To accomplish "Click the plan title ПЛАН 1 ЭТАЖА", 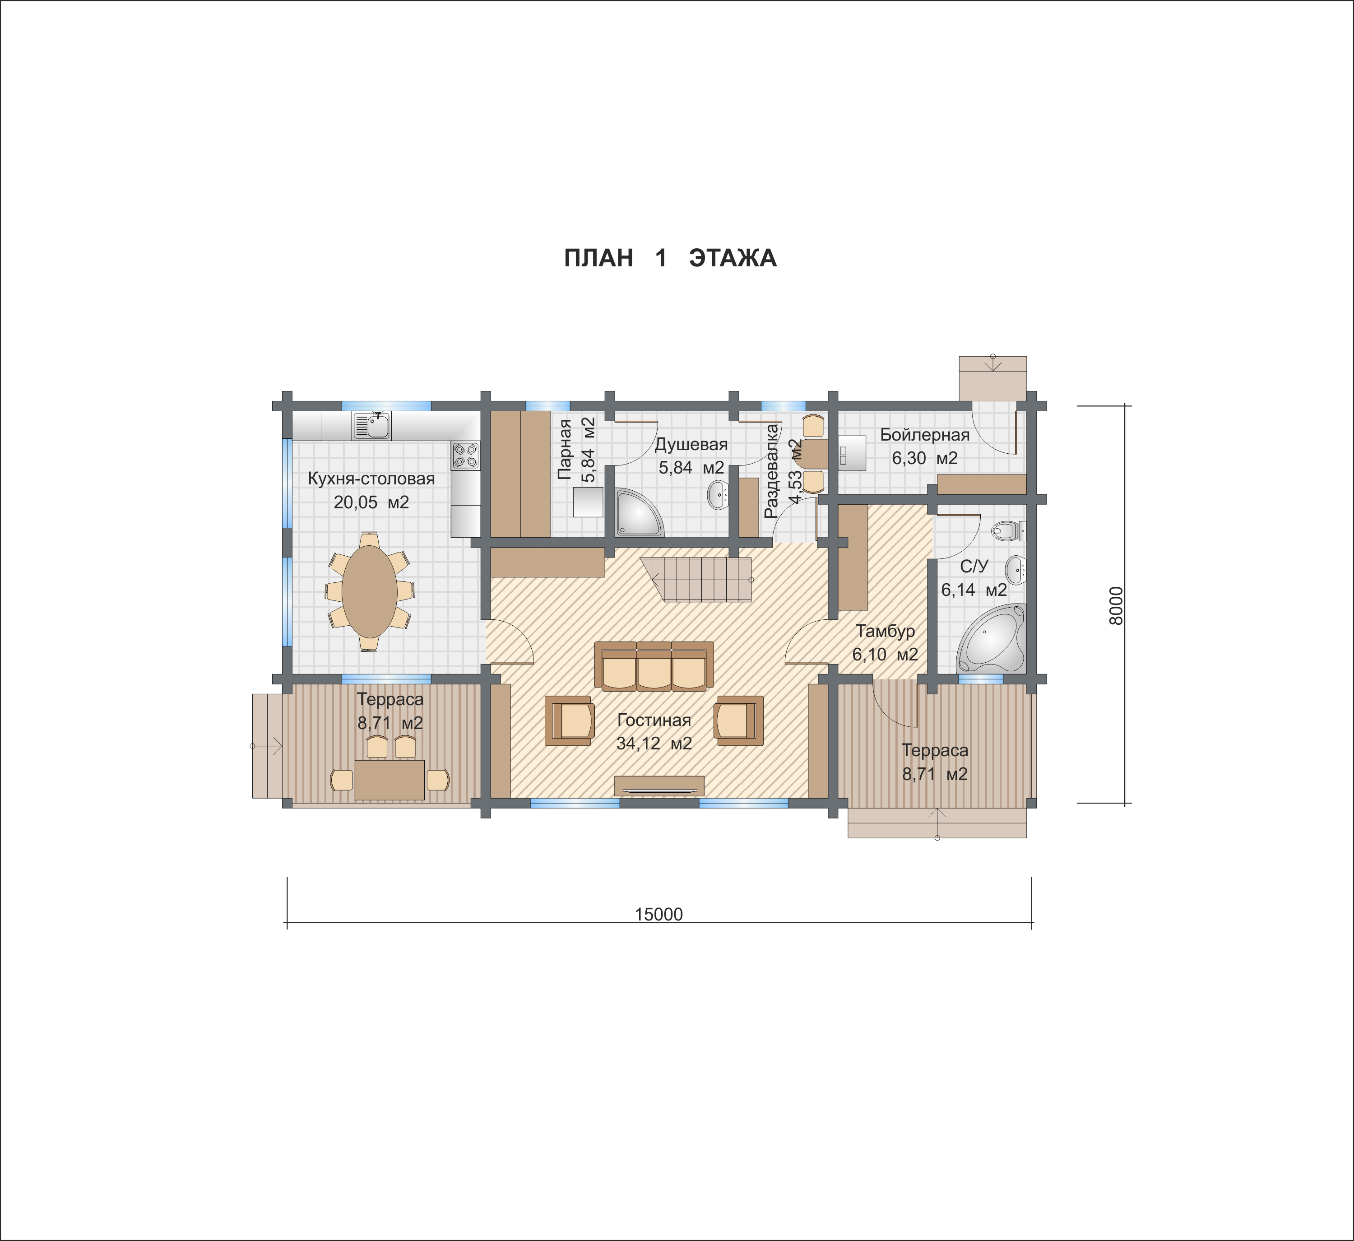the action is tap(670, 258).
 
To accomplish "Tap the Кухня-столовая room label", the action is tap(371, 479).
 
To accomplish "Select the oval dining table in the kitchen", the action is tap(369, 591).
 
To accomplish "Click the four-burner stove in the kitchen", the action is tap(465, 455).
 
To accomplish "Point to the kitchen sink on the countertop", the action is tap(371, 425).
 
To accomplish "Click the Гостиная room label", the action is tap(654, 720).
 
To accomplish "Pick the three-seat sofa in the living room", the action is tap(654, 666).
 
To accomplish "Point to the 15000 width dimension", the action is tap(659, 915).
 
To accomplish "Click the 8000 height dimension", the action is tap(1116, 605).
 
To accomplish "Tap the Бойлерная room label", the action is tap(925, 435).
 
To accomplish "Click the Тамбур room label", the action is tap(885, 631).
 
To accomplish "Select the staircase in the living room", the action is tap(696, 579).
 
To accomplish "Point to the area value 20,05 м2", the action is tap(371, 502).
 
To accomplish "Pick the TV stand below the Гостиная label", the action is tap(659, 786).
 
